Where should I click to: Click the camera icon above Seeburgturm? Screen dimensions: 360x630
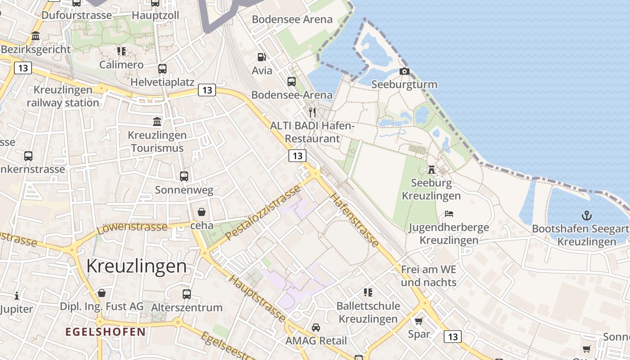point(405,71)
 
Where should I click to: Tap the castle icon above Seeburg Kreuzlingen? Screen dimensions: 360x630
point(432,169)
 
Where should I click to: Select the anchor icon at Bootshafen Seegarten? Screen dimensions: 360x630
point(586,216)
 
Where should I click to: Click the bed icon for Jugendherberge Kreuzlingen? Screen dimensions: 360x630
point(449,213)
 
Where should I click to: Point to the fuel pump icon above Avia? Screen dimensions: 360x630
point(261,57)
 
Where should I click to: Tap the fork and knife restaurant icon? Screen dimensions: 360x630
point(312,112)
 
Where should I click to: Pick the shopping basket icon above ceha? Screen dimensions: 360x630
point(201,211)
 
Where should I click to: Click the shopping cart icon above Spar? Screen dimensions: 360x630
point(419,321)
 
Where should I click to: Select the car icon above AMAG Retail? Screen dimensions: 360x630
point(316,327)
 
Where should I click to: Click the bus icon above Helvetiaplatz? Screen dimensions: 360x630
point(162,69)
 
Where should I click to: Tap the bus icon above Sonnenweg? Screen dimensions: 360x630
point(184,176)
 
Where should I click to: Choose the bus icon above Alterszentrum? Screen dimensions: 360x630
point(187,294)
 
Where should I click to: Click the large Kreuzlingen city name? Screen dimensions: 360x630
point(136,266)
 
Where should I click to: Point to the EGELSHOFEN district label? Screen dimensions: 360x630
point(106,332)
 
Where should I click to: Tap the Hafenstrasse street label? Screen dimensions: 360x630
point(355,220)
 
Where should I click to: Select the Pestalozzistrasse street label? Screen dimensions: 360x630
point(263,212)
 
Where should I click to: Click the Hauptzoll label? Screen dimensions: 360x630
point(155,15)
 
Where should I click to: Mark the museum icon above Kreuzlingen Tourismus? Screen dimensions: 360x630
point(157,121)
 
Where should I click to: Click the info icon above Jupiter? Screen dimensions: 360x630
point(17,296)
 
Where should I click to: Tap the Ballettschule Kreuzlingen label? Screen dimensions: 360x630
point(368,312)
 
